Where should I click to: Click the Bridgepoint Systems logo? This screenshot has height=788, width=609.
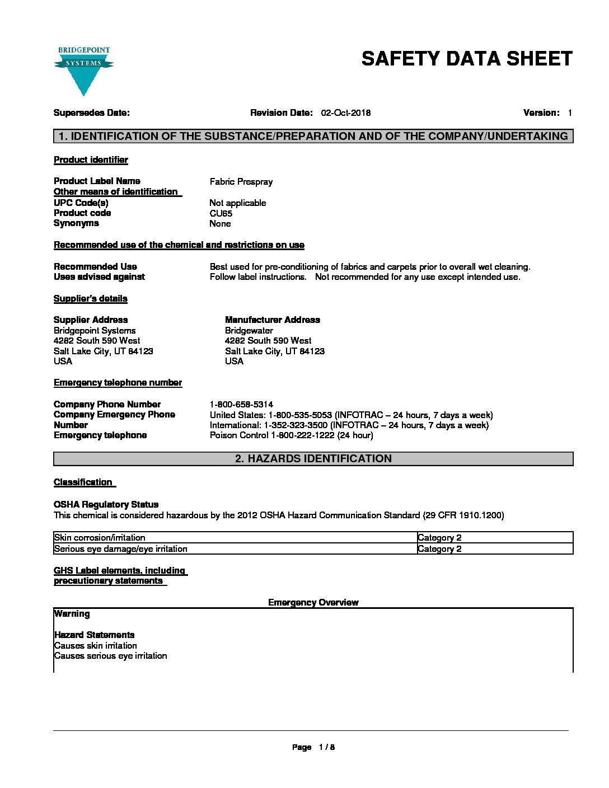click(83, 71)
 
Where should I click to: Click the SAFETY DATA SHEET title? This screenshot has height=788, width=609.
click(467, 59)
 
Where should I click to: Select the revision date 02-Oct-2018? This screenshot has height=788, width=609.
click(345, 113)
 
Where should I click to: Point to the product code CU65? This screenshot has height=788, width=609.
click(221, 213)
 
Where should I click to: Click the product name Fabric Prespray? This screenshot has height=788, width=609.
click(241, 181)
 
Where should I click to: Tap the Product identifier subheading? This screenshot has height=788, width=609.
click(91, 160)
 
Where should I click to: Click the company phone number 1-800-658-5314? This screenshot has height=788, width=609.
click(241, 404)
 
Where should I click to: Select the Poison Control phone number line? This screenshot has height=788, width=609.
click(291, 435)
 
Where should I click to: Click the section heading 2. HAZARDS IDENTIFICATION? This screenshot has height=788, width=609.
click(313, 459)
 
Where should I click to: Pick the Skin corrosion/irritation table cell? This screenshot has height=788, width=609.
click(100, 538)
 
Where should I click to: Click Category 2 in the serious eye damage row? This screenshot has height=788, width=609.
click(439, 549)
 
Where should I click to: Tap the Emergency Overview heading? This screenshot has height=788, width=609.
click(313, 603)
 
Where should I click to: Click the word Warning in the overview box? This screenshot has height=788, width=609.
click(72, 614)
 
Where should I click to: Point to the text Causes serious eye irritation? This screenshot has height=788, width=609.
click(111, 656)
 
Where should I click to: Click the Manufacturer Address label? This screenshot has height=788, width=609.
click(273, 320)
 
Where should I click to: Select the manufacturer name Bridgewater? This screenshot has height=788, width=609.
click(249, 331)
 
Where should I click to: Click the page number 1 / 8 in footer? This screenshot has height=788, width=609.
click(326, 747)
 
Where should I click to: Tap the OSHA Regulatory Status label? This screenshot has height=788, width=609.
click(106, 505)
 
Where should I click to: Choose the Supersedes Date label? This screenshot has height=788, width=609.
click(91, 113)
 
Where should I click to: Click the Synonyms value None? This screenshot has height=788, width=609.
click(220, 224)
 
